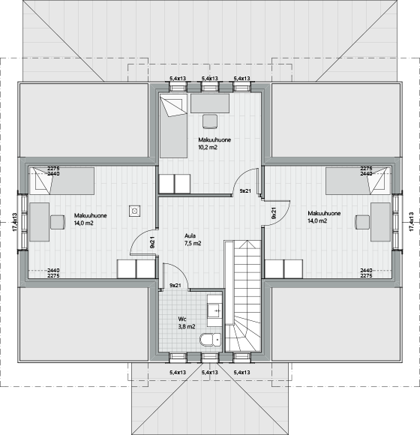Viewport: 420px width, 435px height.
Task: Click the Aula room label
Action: tap(190, 235)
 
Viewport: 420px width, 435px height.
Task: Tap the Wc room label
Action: tap(182, 319)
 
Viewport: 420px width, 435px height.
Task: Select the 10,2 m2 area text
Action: tap(208, 147)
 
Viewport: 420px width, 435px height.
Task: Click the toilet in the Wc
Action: tap(210, 340)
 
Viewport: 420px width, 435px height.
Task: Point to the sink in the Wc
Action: tap(214, 310)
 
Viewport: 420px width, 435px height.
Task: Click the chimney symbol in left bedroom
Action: tap(134, 211)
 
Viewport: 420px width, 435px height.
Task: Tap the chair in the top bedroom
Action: tap(210, 121)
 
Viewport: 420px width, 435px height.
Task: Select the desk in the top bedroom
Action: tap(210, 103)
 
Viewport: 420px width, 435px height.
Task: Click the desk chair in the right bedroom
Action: tap(362, 223)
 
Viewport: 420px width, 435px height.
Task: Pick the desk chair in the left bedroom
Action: tap(58, 222)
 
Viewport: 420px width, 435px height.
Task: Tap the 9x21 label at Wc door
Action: tap(175, 285)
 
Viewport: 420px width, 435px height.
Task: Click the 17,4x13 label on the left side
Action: tap(15, 222)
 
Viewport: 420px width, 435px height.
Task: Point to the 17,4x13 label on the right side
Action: tap(411, 221)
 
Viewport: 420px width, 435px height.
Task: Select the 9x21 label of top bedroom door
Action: tap(245, 190)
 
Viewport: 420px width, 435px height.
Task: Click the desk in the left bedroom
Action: tap(40, 222)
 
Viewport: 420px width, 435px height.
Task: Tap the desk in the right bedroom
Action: tap(380, 222)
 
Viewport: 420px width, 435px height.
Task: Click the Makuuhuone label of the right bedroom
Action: tap(324, 213)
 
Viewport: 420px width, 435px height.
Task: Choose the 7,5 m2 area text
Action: tap(193, 243)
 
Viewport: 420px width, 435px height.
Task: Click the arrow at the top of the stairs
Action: tap(247, 244)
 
